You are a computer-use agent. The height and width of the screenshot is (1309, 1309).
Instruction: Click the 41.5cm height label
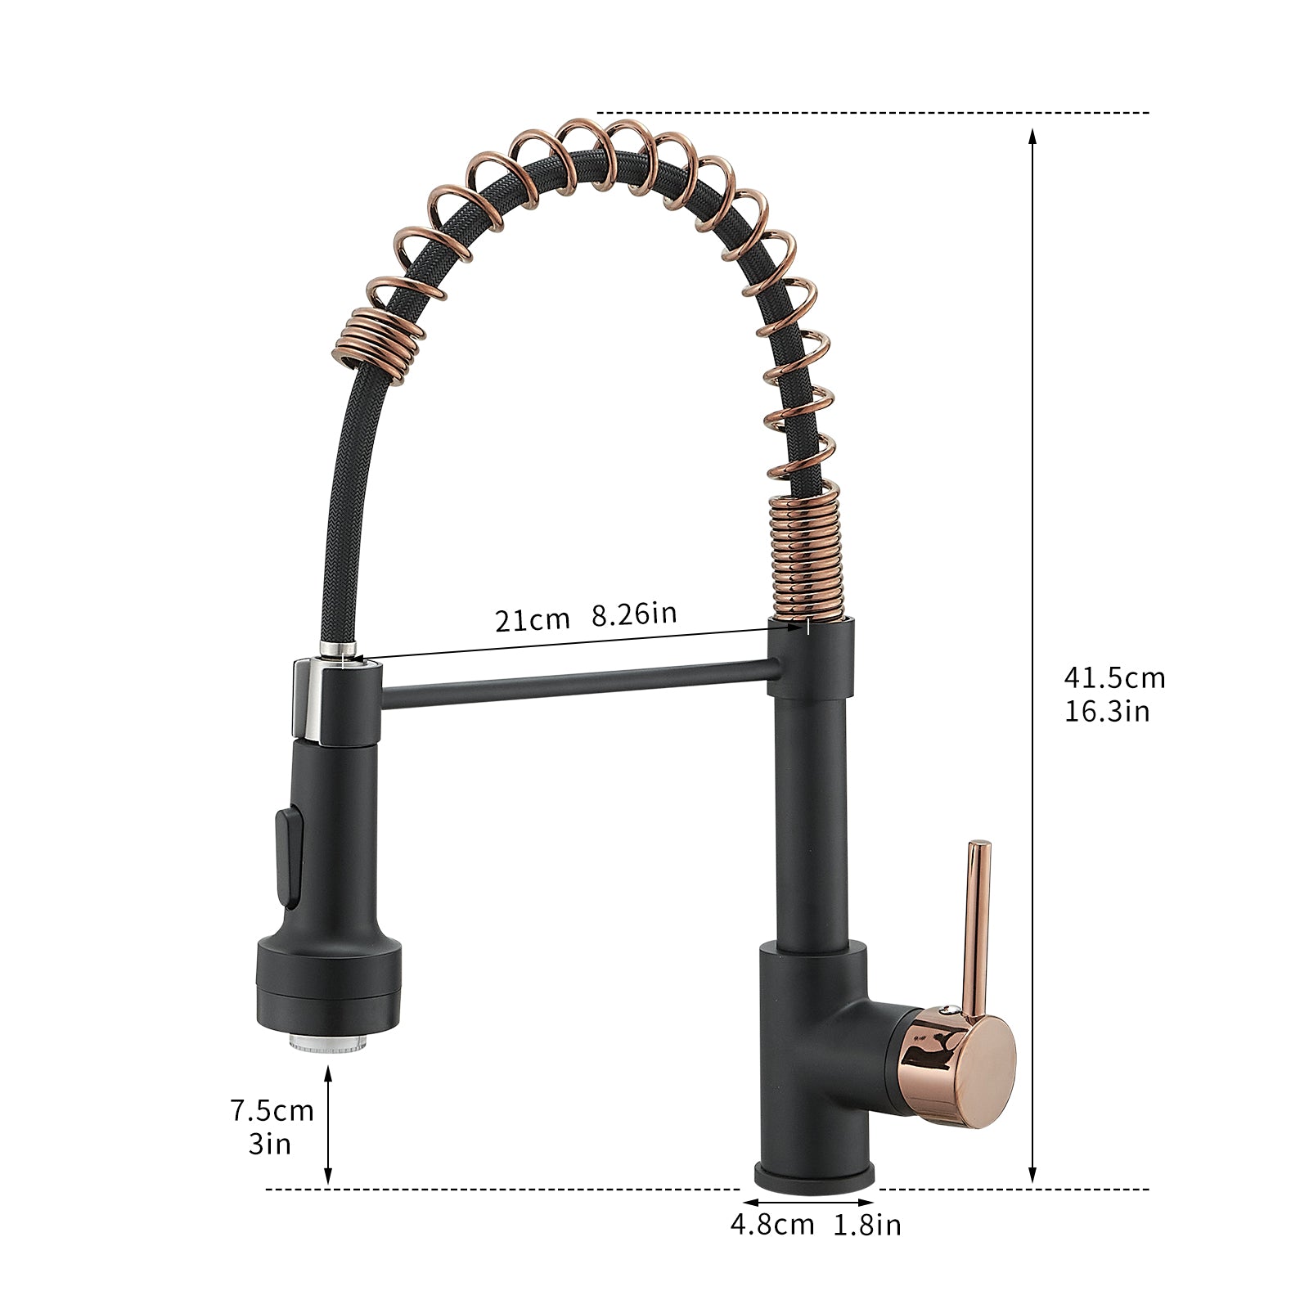[x=1113, y=677]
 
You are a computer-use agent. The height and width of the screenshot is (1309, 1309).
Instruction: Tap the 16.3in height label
[x=1106, y=712]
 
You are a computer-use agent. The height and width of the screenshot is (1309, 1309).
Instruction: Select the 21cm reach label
[x=532, y=619]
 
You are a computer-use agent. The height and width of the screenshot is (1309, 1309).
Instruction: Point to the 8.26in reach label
[x=634, y=613]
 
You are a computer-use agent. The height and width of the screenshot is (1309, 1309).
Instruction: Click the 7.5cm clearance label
[x=272, y=1110]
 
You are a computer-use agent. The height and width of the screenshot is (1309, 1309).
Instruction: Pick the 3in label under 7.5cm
[x=270, y=1144]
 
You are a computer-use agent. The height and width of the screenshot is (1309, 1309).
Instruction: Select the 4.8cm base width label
[x=772, y=1225]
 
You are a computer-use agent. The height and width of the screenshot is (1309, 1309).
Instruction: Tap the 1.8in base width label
[x=867, y=1225]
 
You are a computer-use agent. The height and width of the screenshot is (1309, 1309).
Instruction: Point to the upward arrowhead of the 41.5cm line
[x=1032, y=136]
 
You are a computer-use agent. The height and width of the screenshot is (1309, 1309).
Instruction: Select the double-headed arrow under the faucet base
[x=810, y=1203]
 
